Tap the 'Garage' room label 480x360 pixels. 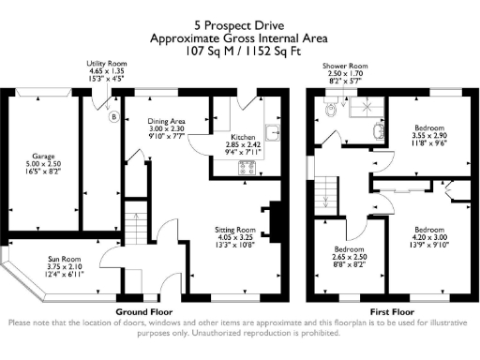44,157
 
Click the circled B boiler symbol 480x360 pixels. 113,118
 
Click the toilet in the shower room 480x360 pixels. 329,110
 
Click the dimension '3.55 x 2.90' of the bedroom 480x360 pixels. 430,135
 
